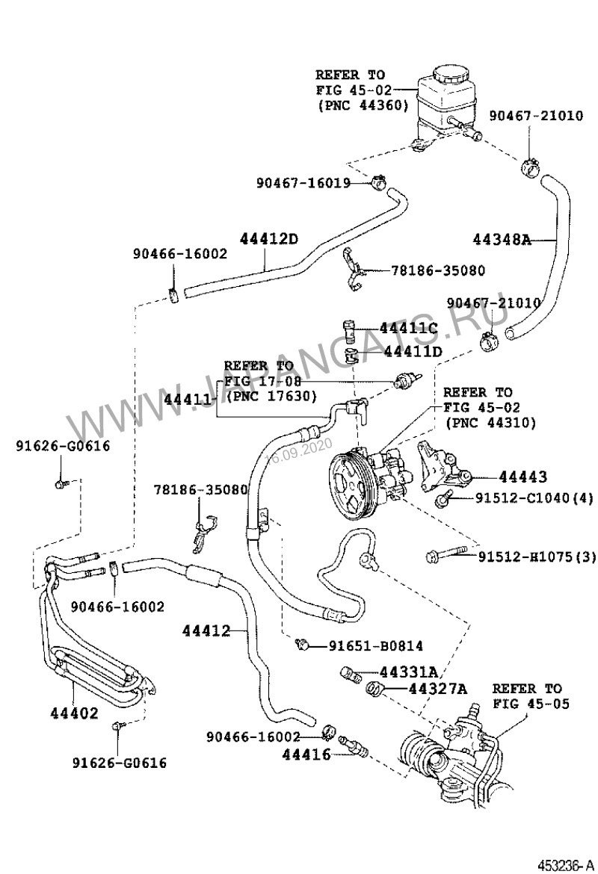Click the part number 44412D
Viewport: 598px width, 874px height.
[269, 239]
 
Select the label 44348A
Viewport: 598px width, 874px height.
[502, 240]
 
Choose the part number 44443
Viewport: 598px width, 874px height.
[523, 477]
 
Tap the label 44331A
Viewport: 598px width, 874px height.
[409, 671]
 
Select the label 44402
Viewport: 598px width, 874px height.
[75, 713]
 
